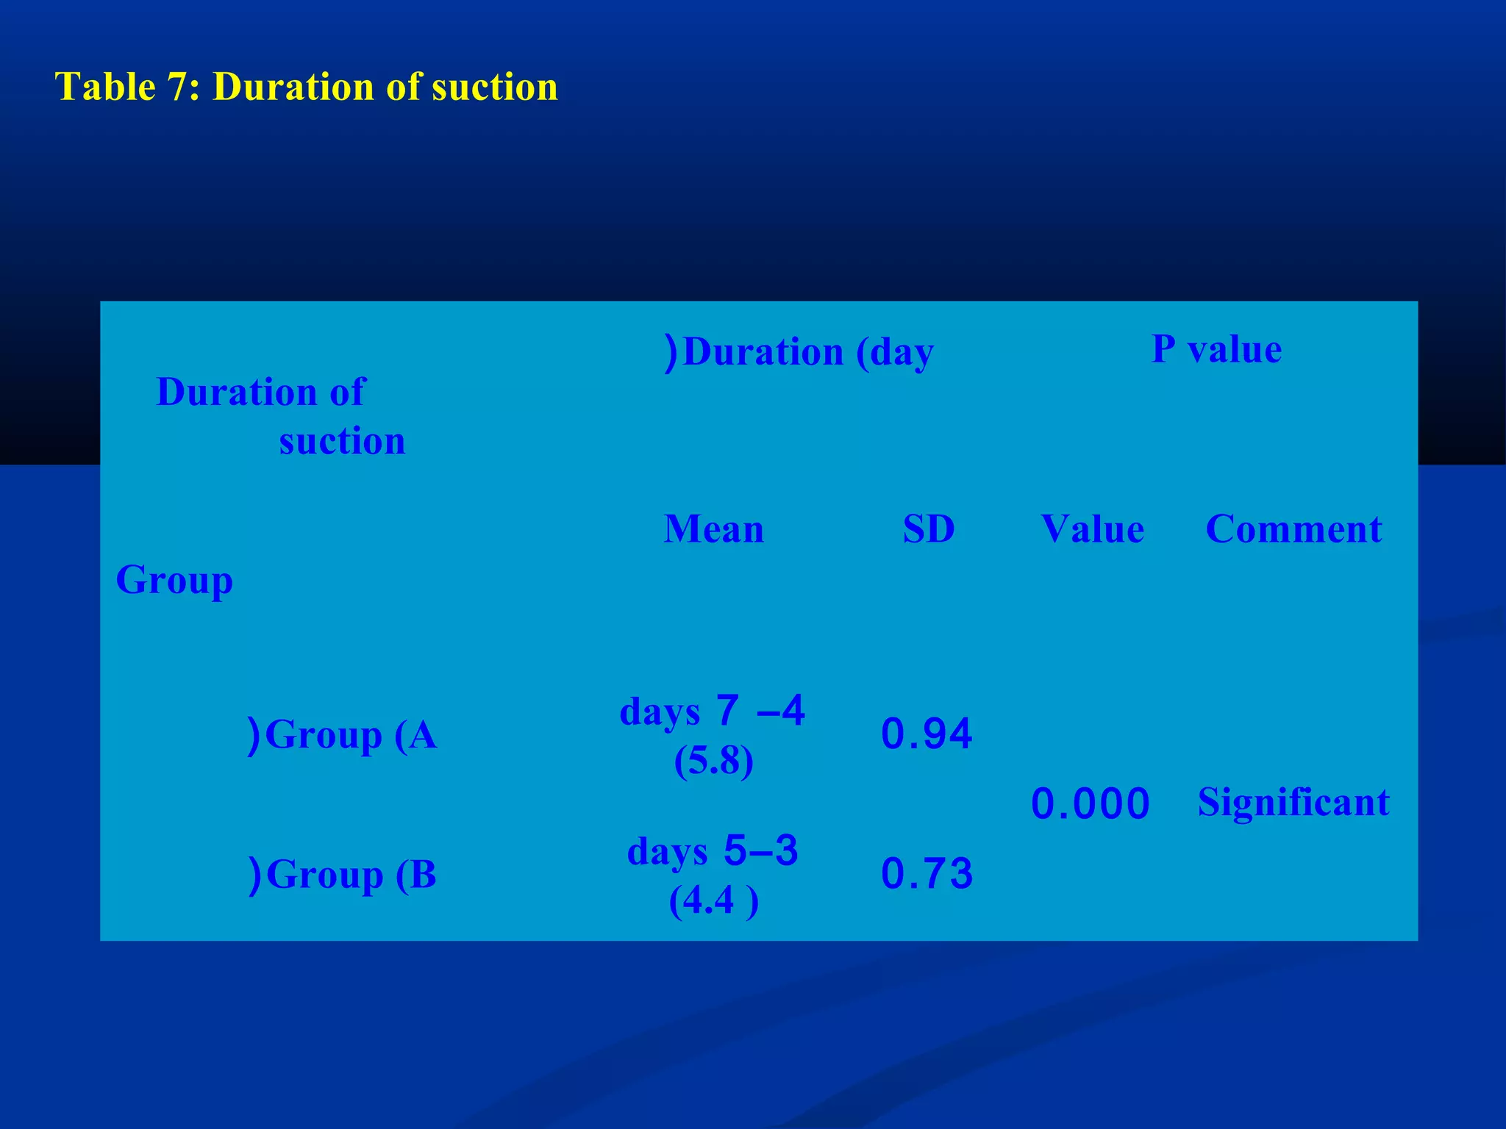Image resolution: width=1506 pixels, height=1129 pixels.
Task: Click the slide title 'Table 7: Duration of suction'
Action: pyautogui.click(x=307, y=87)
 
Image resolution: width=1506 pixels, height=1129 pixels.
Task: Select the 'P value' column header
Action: pyautogui.click(x=1216, y=349)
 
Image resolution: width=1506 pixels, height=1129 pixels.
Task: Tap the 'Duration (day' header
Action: pyautogui.click(x=799, y=352)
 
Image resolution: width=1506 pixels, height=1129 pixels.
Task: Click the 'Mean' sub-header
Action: pyautogui.click(x=713, y=529)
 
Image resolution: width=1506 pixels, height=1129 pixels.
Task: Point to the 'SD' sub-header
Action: pyautogui.click(x=929, y=529)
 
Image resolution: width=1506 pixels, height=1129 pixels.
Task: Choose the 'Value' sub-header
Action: pyautogui.click(x=1093, y=529)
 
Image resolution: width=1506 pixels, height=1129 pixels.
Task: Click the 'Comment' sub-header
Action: pyautogui.click(x=1293, y=529)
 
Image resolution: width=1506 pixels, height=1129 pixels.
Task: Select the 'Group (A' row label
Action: pyautogui.click(x=343, y=735)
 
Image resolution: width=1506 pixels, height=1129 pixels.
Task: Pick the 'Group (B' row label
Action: pyautogui.click(x=343, y=875)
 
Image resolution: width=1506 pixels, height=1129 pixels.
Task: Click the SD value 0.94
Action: pyautogui.click(x=927, y=734)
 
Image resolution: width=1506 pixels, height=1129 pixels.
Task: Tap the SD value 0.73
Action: pyautogui.click(x=927, y=875)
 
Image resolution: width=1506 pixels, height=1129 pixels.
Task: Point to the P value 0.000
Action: pyautogui.click(x=1091, y=803)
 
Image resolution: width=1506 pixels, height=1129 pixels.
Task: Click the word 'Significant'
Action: pyautogui.click(x=1293, y=802)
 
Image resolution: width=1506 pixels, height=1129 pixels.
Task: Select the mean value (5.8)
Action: pyautogui.click(x=713, y=762)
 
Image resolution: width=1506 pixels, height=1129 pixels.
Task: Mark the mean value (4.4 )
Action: pyautogui.click(x=713, y=902)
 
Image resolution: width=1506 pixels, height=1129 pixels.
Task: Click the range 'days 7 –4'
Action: pyautogui.click(x=712, y=712)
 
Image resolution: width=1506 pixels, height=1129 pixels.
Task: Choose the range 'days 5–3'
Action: pyautogui.click(x=712, y=852)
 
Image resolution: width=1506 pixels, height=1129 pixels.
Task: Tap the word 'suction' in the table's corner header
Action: pyautogui.click(x=342, y=442)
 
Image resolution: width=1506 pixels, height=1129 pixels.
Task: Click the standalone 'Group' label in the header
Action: pyautogui.click(x=174, y=581)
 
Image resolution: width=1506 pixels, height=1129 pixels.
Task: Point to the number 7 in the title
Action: pyautogui.click(x=175, y=87)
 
